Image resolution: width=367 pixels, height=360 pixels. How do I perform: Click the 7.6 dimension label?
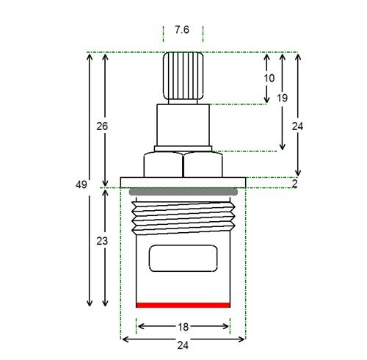coord(182,30)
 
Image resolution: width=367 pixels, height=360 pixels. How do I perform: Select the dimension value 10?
coord(269,78)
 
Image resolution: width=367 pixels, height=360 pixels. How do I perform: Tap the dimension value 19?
coord(282,98)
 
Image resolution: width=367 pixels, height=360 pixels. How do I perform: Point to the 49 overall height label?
coord(81,184)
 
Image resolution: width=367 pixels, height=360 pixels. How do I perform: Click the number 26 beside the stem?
coord(102,126)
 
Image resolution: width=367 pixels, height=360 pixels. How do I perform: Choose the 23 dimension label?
coord(102,241)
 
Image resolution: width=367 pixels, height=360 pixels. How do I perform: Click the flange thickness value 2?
coord(294,184)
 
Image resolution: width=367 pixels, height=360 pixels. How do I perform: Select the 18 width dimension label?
coord(183,327)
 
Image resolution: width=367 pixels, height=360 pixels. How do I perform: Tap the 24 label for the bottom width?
coord(183,345)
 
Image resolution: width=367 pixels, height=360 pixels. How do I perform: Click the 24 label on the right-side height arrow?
coord(297,126)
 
